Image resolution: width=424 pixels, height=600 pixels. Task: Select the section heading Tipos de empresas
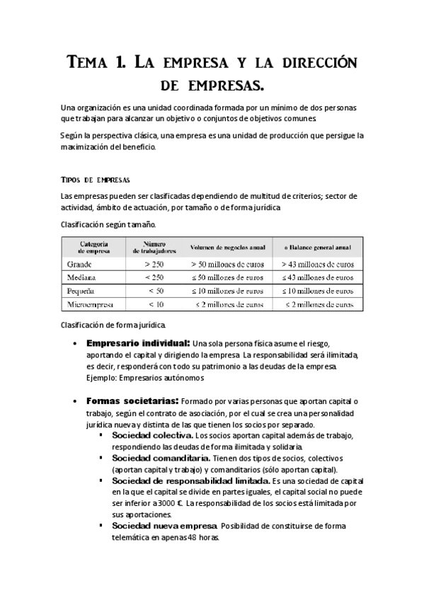[x=96, y=179]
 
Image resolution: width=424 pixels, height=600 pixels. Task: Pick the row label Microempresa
[x=93, y=304]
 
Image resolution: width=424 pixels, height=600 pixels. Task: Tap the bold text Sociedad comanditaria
[x=161, y=458]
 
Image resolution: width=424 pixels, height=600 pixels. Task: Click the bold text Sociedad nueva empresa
[x=165, y=526]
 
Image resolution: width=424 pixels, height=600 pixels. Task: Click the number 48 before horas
[x=193, y=537]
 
